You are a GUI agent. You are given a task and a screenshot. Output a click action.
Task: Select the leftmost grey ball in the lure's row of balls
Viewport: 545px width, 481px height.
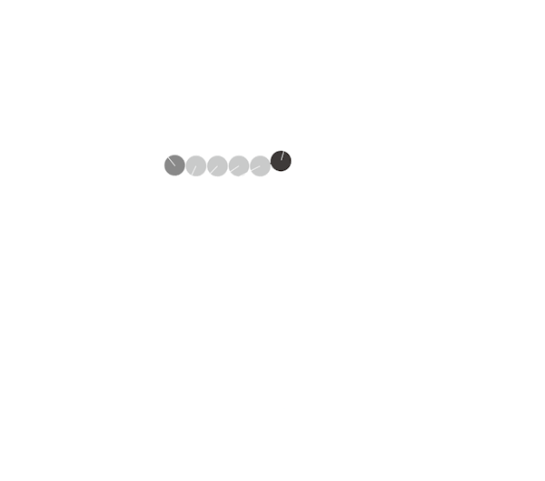173,165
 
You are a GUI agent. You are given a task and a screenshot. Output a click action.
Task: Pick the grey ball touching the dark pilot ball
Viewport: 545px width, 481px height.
260,165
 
